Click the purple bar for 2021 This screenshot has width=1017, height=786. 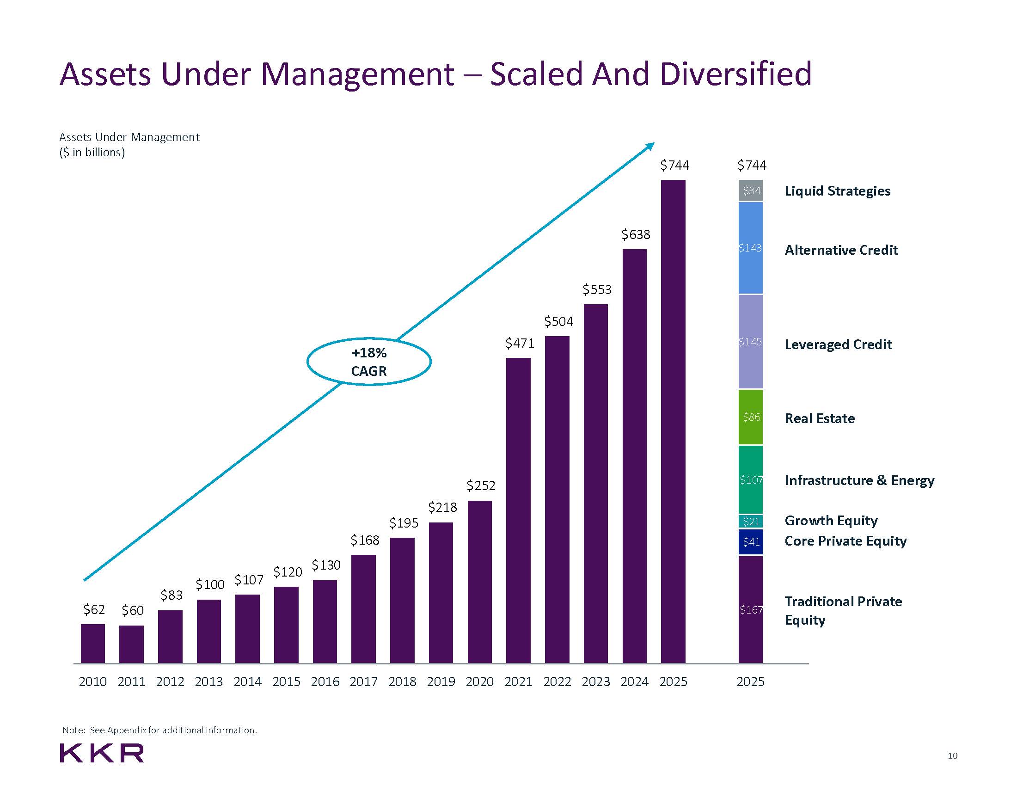click(518, 510)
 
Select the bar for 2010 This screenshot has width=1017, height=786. click(92, 644)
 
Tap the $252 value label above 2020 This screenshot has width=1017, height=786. click(481, 485)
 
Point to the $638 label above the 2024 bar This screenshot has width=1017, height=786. click(635, 234)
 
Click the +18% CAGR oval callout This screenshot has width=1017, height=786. click(369, 362)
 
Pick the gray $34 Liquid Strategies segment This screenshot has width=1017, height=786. click(750, 190)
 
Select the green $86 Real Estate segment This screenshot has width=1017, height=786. click(750, 417)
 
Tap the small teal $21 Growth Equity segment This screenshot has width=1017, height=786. click(750, 521)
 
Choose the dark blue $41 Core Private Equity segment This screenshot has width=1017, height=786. click(750, 541)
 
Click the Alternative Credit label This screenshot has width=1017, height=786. click(841, 250)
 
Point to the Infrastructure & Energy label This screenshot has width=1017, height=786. click(859, 480)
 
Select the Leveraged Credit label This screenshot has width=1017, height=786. click(838, 344)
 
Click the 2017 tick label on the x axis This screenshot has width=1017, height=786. click(363, 682)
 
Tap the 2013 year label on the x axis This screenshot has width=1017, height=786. click(208, 682)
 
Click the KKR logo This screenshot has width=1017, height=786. click(102, 753)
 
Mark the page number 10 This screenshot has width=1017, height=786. click(952, 755)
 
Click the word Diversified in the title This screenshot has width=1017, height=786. click(736, 74)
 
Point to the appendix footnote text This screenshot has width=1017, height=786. click(160, 730)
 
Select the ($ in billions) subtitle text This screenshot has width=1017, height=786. click(92, 152)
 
